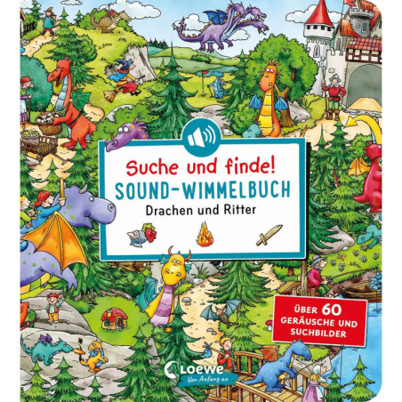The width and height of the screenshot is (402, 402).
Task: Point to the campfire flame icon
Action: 204,237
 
